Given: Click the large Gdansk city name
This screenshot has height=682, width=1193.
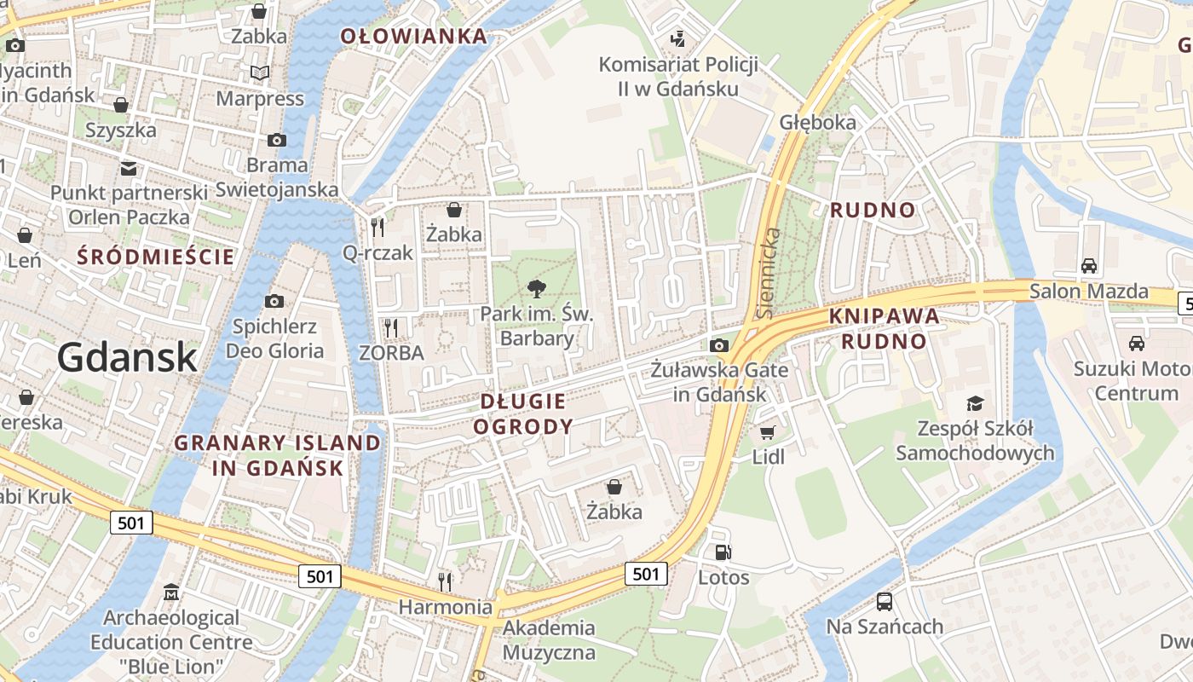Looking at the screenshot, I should [127, 357].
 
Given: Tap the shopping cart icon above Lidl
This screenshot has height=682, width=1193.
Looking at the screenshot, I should [768, 433].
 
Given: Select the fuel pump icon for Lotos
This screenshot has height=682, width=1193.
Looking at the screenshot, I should [723, 552].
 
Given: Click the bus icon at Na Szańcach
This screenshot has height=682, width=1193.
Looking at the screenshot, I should [885, 602].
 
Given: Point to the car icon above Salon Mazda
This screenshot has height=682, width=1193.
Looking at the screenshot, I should [1088, 266].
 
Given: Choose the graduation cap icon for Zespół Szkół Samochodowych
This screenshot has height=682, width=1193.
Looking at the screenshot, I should [975, 403].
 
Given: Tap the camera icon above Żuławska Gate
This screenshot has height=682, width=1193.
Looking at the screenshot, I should [719, 345].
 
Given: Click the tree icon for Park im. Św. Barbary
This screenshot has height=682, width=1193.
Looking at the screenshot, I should [537, 288].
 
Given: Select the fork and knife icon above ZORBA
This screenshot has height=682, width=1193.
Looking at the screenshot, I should [391, 327].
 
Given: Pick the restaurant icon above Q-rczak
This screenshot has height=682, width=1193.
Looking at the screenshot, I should [377, 227].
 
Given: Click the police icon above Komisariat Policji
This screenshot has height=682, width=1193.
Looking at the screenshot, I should [678, 38].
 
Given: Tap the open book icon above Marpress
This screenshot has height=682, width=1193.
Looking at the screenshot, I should [259, 73].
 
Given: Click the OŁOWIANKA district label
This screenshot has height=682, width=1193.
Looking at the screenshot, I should [414, 37].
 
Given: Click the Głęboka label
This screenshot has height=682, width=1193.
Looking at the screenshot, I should [817, 123].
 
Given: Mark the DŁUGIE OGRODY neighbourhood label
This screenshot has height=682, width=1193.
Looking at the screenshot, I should [523, 413].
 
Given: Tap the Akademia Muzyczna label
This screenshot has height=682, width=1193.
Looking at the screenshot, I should [550, 641].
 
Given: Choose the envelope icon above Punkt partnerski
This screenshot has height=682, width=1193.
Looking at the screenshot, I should [129, 168].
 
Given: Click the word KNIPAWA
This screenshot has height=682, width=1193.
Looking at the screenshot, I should [885, 317].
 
